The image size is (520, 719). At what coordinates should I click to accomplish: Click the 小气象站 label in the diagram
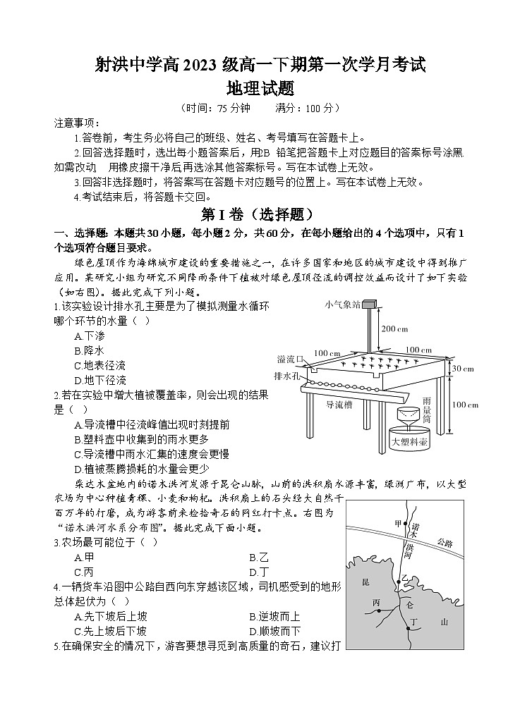[342, 305]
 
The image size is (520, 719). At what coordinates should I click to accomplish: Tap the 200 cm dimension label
[394, 329]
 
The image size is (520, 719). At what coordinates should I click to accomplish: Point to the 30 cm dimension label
[463, 369]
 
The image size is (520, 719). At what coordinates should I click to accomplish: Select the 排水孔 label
[287, 376]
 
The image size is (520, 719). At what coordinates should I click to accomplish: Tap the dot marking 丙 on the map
[379, 610]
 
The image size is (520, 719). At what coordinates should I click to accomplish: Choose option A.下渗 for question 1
[89, 336]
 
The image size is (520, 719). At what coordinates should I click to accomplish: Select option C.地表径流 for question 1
[99, 366]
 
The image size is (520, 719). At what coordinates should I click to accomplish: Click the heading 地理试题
[260, 89]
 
